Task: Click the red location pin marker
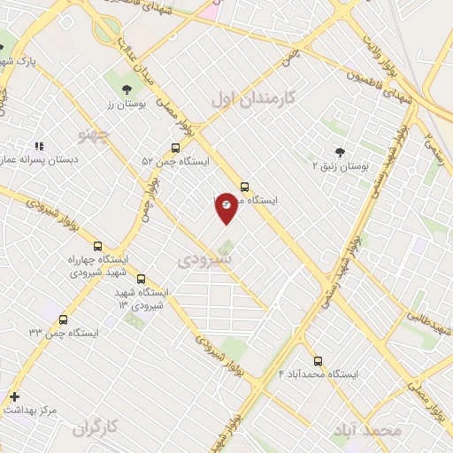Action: coord(226,207)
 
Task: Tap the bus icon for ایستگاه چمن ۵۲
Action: coord(175,149)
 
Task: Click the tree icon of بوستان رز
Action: coord(126,88)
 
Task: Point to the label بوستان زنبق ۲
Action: coord(341,165)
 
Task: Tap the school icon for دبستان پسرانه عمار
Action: coord(38,146)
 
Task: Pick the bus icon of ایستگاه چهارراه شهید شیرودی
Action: coord(97,247)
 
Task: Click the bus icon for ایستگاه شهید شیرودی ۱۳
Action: coord(141,279)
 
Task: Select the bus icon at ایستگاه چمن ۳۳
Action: coord(62,319)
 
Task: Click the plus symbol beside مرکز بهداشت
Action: coord(14,396)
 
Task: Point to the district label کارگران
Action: coord(96,429)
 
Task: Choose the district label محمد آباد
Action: coord(367,429)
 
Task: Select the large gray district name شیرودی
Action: coord(203,260)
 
